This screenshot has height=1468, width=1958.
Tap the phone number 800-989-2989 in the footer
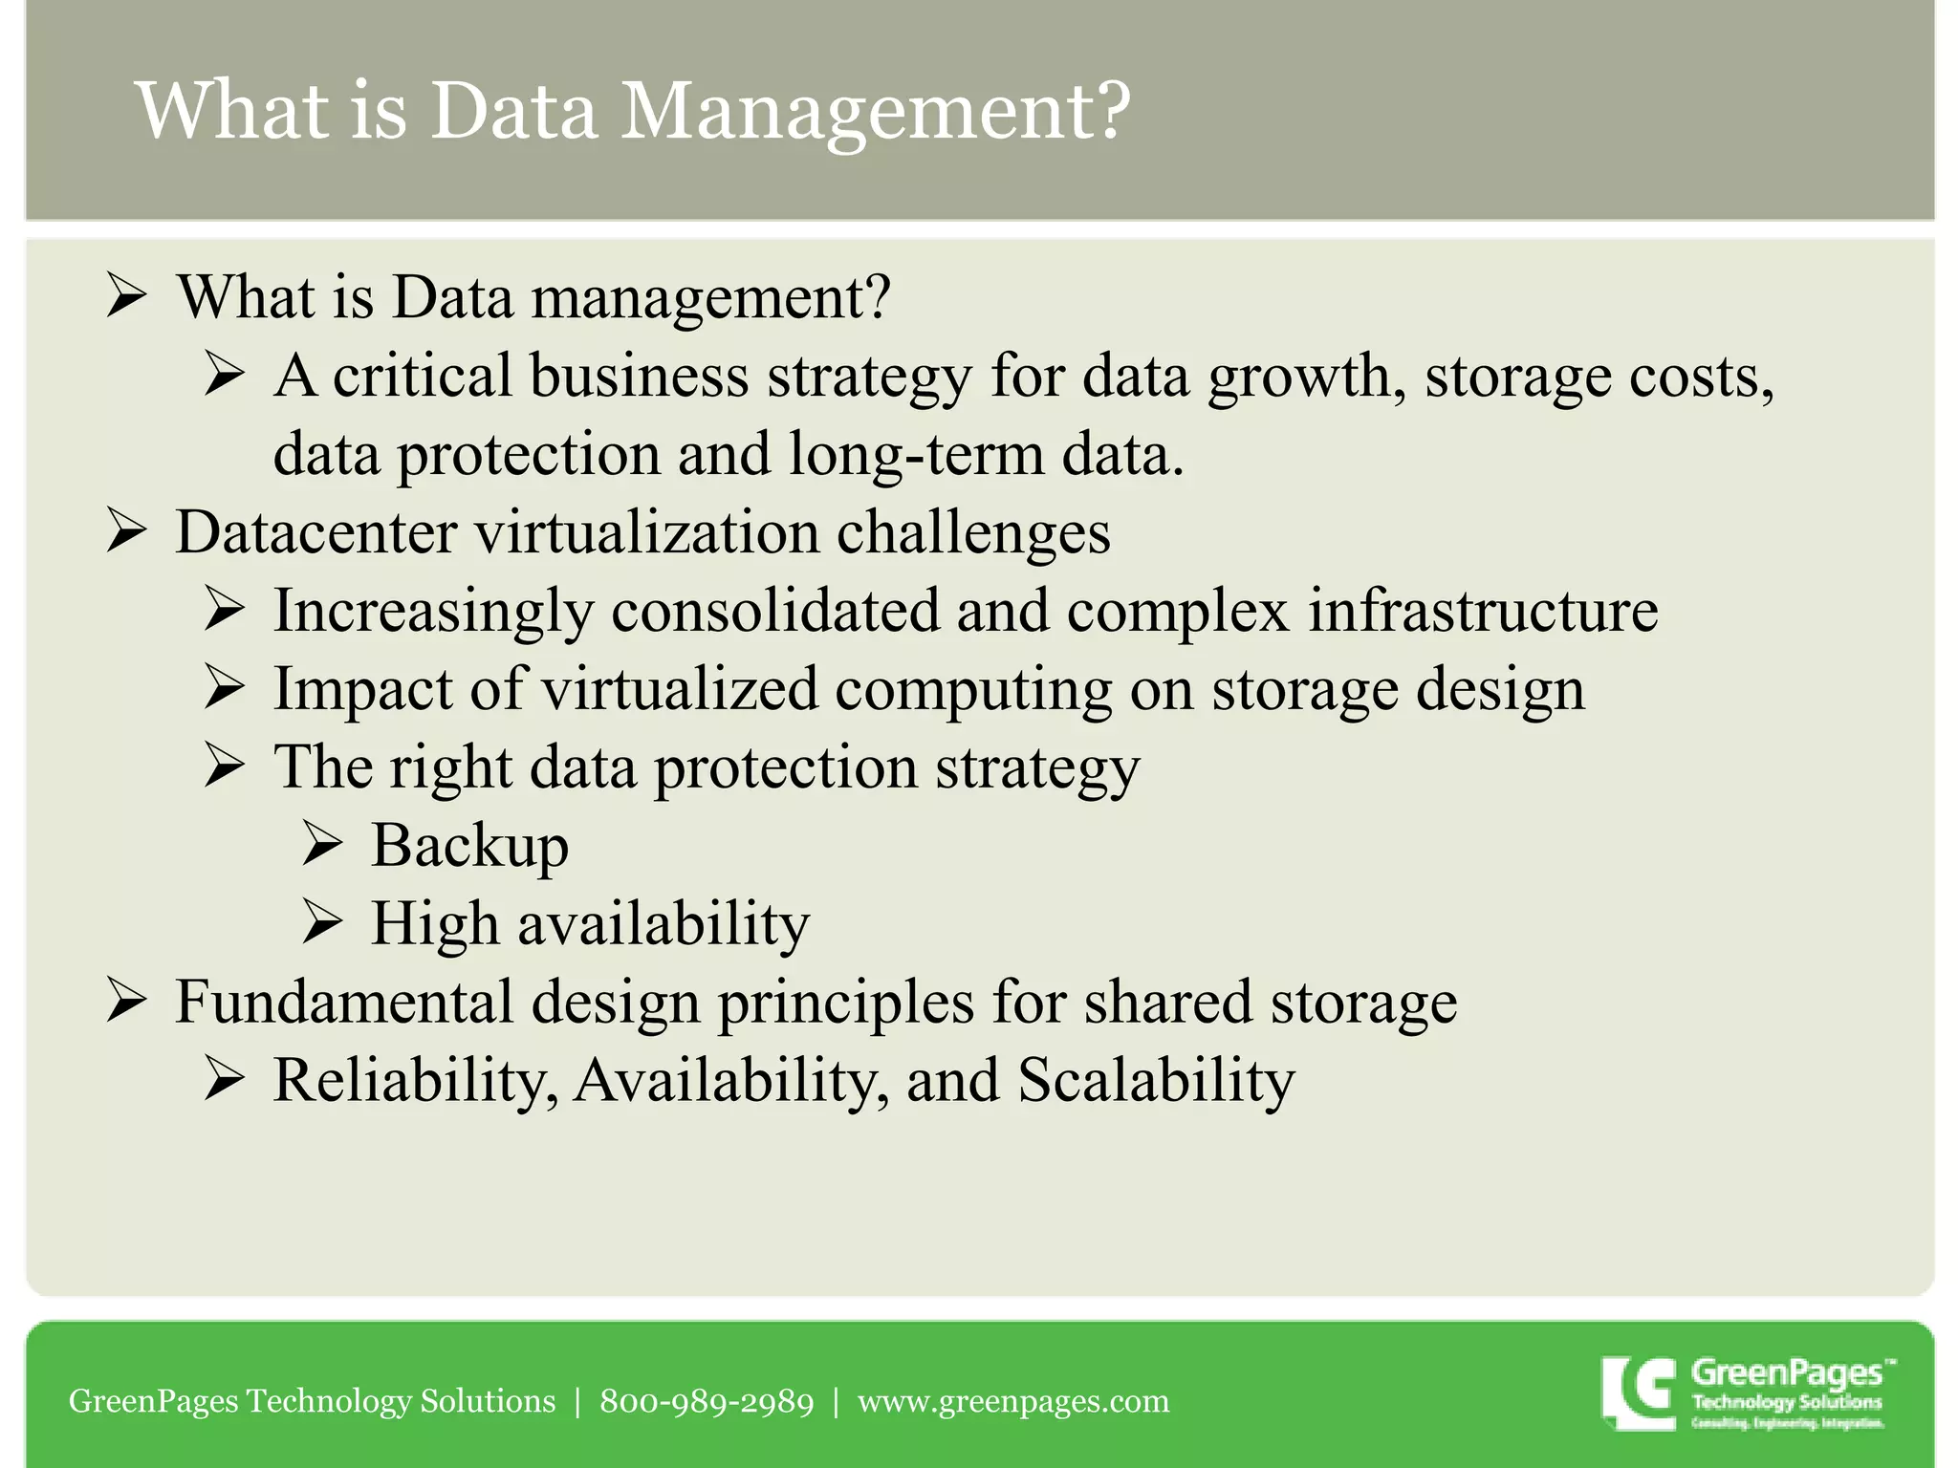pos(707,1401)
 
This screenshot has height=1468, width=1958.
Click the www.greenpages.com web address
pos(1013,1401)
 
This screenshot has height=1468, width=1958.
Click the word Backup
pos(469,846)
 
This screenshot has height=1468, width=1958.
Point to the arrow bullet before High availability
pos(322,923)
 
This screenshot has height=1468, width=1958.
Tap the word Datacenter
pos(316,531)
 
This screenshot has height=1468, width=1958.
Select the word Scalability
pos(1156,1081)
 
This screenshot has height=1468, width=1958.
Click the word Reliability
pos(416,1081)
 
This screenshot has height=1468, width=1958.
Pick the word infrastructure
pos(1483,610)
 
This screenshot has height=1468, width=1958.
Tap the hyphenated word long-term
pos(917,454)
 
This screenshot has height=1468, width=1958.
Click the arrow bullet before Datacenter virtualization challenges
pos(126,531)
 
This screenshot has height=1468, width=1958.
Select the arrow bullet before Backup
pos(322,845)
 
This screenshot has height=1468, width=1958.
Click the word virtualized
pos(680,689)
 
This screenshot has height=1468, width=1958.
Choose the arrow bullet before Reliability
pos(225,1081)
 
